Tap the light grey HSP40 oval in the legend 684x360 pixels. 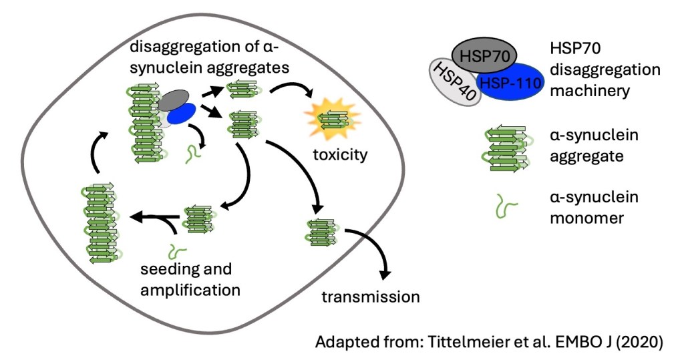tap(456, 83)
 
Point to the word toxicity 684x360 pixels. tap(341, 156)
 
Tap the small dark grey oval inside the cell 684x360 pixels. tap(175, 101)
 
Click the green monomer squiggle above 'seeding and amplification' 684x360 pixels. tap(176, 251)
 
